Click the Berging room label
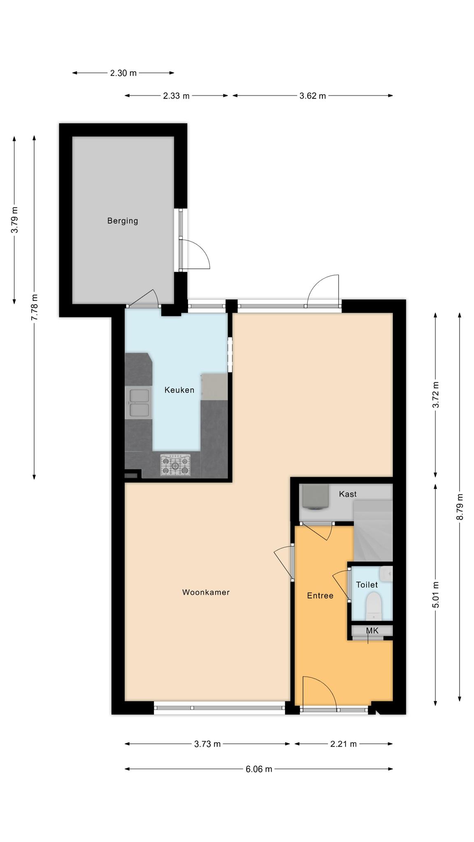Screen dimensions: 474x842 123,221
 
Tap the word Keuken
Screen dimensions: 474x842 179,390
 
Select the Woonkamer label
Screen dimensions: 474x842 206,592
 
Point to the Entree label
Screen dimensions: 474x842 320,595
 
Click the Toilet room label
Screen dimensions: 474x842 367,585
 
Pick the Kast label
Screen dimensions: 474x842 348,494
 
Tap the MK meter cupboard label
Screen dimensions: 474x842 372,630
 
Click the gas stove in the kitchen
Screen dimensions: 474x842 176,465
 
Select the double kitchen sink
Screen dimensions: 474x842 139,403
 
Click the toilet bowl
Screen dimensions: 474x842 374,606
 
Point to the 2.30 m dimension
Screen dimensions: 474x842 123,73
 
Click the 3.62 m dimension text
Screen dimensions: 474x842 313,96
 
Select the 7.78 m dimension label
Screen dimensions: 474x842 35,308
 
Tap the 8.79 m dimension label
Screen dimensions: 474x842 460,507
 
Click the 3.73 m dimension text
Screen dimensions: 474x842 207,744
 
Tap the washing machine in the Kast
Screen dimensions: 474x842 316,497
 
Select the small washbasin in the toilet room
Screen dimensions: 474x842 386,573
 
